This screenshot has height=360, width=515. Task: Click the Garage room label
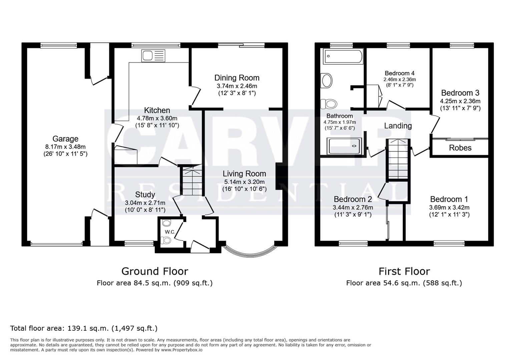[x=65, y=139]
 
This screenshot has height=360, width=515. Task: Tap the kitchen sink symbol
[x=153, y=56]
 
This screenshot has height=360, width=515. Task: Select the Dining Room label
[x=237, y=78]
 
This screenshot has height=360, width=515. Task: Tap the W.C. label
[x=170, y=232]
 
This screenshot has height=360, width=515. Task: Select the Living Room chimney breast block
[x=279, y=176]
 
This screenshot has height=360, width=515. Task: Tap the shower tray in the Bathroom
[x=345, y=146]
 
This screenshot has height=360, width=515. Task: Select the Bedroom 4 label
[x=399, y=73]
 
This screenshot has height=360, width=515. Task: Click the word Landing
[x=398, y=126]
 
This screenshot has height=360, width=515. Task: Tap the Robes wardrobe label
[x=460, y=148]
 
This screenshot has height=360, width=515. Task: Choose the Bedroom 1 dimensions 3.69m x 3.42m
[x=449, y=207]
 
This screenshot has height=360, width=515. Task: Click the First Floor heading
[x=404, y=271]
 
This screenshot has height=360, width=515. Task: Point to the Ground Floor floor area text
[x=154, y=283]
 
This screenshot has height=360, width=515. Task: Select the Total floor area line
[x=84, y=328]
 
